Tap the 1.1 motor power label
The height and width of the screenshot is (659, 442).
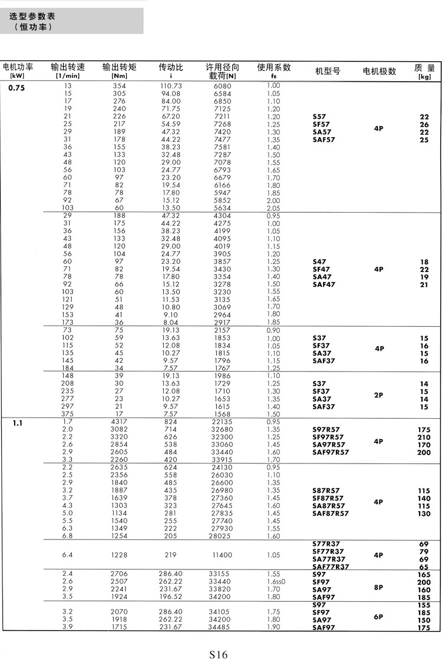click(18, 422)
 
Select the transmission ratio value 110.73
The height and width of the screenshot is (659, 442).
click(170, 86)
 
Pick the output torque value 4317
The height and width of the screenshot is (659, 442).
click(119, 422)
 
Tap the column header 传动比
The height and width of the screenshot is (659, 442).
click(171, 68)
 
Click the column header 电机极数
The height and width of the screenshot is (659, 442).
click(380, 71)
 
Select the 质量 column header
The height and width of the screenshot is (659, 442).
click(424, 68)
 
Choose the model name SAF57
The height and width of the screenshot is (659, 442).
click(324, 140)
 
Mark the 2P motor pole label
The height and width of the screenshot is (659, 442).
click(378, 395)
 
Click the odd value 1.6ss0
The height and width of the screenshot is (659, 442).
click(275, 582)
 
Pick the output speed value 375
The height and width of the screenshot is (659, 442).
click(68, 413)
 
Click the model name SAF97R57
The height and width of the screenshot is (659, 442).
click(331, 452)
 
